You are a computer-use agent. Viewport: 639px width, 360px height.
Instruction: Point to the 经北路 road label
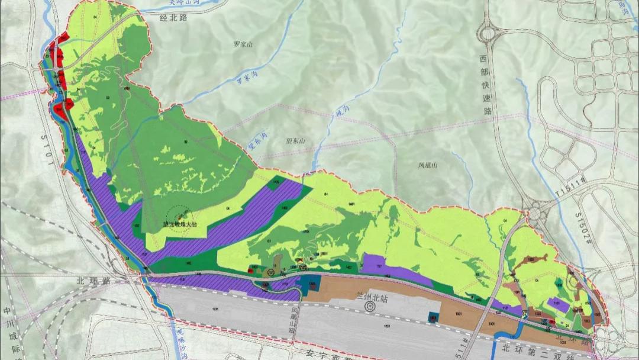173,18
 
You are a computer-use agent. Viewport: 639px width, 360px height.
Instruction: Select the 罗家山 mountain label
243,44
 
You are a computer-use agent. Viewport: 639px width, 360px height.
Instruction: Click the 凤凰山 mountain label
427,166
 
